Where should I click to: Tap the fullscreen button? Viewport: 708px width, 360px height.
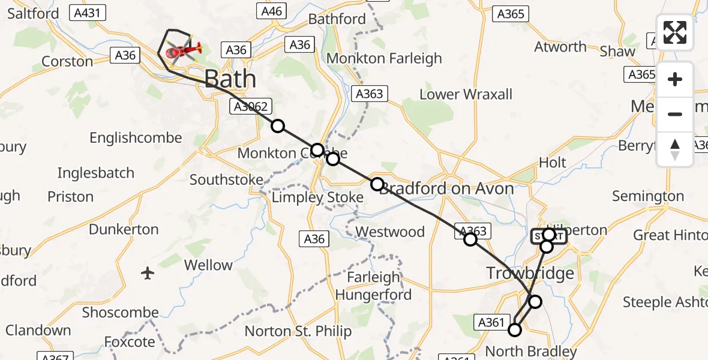pyautogui.click(x=675, y=32)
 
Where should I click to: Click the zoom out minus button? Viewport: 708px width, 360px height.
pyautogui.click(x=675, y=114)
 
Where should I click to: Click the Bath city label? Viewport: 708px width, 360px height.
pyautogui.click(x=230, y=79)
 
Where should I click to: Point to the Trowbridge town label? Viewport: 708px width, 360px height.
pyautogui.click(x=530, y=274)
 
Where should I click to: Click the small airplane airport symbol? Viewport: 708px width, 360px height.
pyautogui.click(x=148, y=274)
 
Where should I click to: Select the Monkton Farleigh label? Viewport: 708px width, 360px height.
pyautogui.click(x=384, y=58)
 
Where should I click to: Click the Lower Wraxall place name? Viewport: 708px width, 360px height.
pyautogui.click(x=466, y=94)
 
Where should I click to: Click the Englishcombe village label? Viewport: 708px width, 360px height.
pyautogui.click(x=136, y=138)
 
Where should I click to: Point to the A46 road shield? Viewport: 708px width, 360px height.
pyautogui.click(x=271, y=11)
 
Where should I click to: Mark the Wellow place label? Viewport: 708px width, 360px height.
pyautogui.click(x=208, y=265)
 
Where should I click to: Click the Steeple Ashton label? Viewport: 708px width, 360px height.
pyautogui.click(x=665, y=302)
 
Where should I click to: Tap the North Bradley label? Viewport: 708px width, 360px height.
pyautogui.click(x=530, y=352)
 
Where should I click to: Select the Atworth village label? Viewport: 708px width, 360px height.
pyautogui.click(x=560, y=47)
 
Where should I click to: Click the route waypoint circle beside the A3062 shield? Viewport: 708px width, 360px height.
pyautogui.click(x=278, y=126)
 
